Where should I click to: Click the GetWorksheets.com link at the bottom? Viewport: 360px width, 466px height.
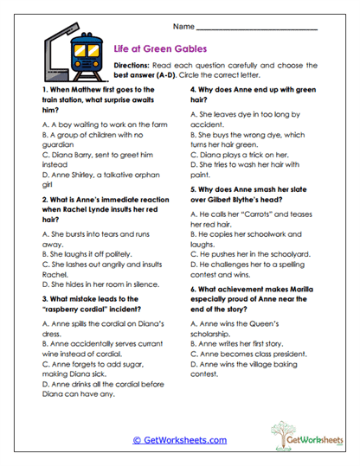pos(179,439)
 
